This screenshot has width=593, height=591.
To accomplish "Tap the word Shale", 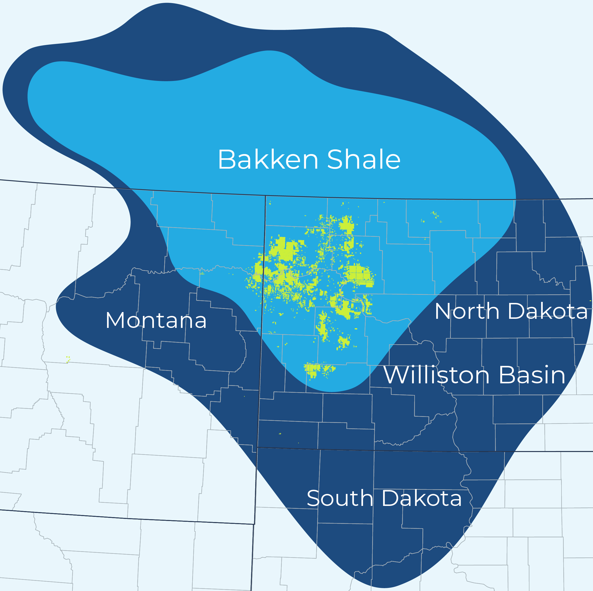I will [x=364, y=160].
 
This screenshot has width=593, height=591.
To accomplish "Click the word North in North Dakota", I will [x=467, y=311].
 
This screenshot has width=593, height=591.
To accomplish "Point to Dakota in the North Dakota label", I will [x=548, y=311].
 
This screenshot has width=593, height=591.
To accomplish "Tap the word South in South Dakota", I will [x=340, y=498].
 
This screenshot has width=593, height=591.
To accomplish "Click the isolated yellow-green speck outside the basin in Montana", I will [x=68, y=359].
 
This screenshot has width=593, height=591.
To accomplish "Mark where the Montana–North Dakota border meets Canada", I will [x=265, y=196].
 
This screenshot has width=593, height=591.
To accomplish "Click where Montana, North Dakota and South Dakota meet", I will [x=257, y=447].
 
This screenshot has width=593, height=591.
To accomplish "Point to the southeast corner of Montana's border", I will [x=254, y=524].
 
